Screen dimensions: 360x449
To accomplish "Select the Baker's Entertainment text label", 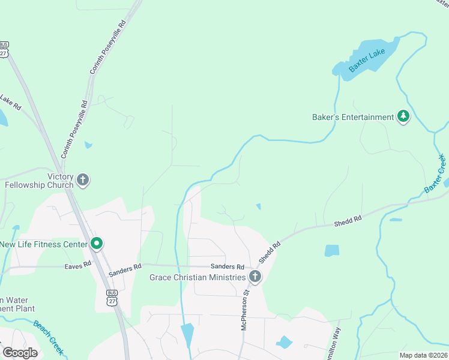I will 353,117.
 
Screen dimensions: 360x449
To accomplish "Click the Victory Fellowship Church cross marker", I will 83,179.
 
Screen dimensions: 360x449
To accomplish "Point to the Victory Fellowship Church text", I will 39,181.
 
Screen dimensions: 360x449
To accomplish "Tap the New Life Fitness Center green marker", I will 96,244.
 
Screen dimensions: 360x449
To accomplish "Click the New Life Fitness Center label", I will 43,244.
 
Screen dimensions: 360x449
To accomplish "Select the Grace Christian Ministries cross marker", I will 255,277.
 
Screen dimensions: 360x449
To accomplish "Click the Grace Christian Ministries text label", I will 197,277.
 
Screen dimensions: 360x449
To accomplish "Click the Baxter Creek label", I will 435,173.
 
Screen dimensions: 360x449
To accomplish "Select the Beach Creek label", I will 49,337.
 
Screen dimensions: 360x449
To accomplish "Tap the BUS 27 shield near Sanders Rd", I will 112,298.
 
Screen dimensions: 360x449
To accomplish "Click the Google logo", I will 20,352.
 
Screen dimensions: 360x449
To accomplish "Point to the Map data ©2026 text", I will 423,355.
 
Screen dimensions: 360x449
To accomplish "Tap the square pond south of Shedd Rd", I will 331,250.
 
